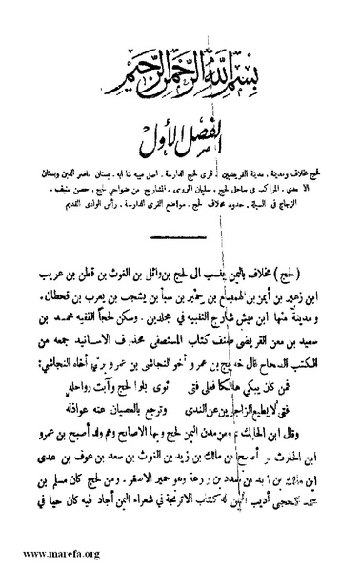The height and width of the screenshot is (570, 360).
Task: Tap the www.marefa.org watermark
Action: (45, 551)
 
